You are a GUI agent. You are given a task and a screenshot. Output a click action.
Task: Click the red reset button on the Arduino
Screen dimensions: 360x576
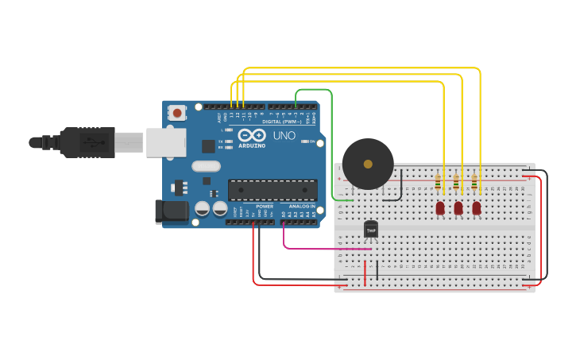click(177, 113)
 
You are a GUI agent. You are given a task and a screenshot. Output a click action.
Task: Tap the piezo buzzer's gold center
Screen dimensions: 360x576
click(367, 164)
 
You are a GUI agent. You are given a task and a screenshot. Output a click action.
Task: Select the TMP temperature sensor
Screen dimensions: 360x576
click(370, 229)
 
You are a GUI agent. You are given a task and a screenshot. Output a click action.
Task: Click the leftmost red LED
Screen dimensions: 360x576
click(440, 207)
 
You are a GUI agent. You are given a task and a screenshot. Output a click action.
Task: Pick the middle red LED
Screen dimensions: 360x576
click(458, 207)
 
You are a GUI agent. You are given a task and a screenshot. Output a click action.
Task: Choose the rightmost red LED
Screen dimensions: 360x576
click(477, 207)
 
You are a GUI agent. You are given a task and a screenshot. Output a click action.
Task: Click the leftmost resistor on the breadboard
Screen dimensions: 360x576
click(438, 184)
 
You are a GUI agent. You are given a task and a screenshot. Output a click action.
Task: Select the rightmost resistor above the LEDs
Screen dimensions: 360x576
click(474, 184)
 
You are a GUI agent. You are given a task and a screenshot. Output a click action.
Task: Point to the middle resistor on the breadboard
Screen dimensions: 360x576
click(456, 184)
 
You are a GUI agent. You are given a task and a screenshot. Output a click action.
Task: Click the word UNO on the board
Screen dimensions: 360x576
click(284, 136)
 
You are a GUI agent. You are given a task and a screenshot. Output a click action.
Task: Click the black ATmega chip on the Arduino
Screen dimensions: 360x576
click(267, 190)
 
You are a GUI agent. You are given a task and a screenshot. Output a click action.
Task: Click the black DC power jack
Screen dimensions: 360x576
click(171, 211)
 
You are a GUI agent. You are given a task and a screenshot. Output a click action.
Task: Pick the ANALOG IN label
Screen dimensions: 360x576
click(301, 207)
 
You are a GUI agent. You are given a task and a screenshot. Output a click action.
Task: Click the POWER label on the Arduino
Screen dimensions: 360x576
click(265, 207)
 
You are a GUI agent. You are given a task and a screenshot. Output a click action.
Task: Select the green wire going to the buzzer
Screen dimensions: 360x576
click(331, 143)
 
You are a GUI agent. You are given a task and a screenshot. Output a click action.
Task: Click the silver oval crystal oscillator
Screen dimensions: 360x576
click(206, 167)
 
